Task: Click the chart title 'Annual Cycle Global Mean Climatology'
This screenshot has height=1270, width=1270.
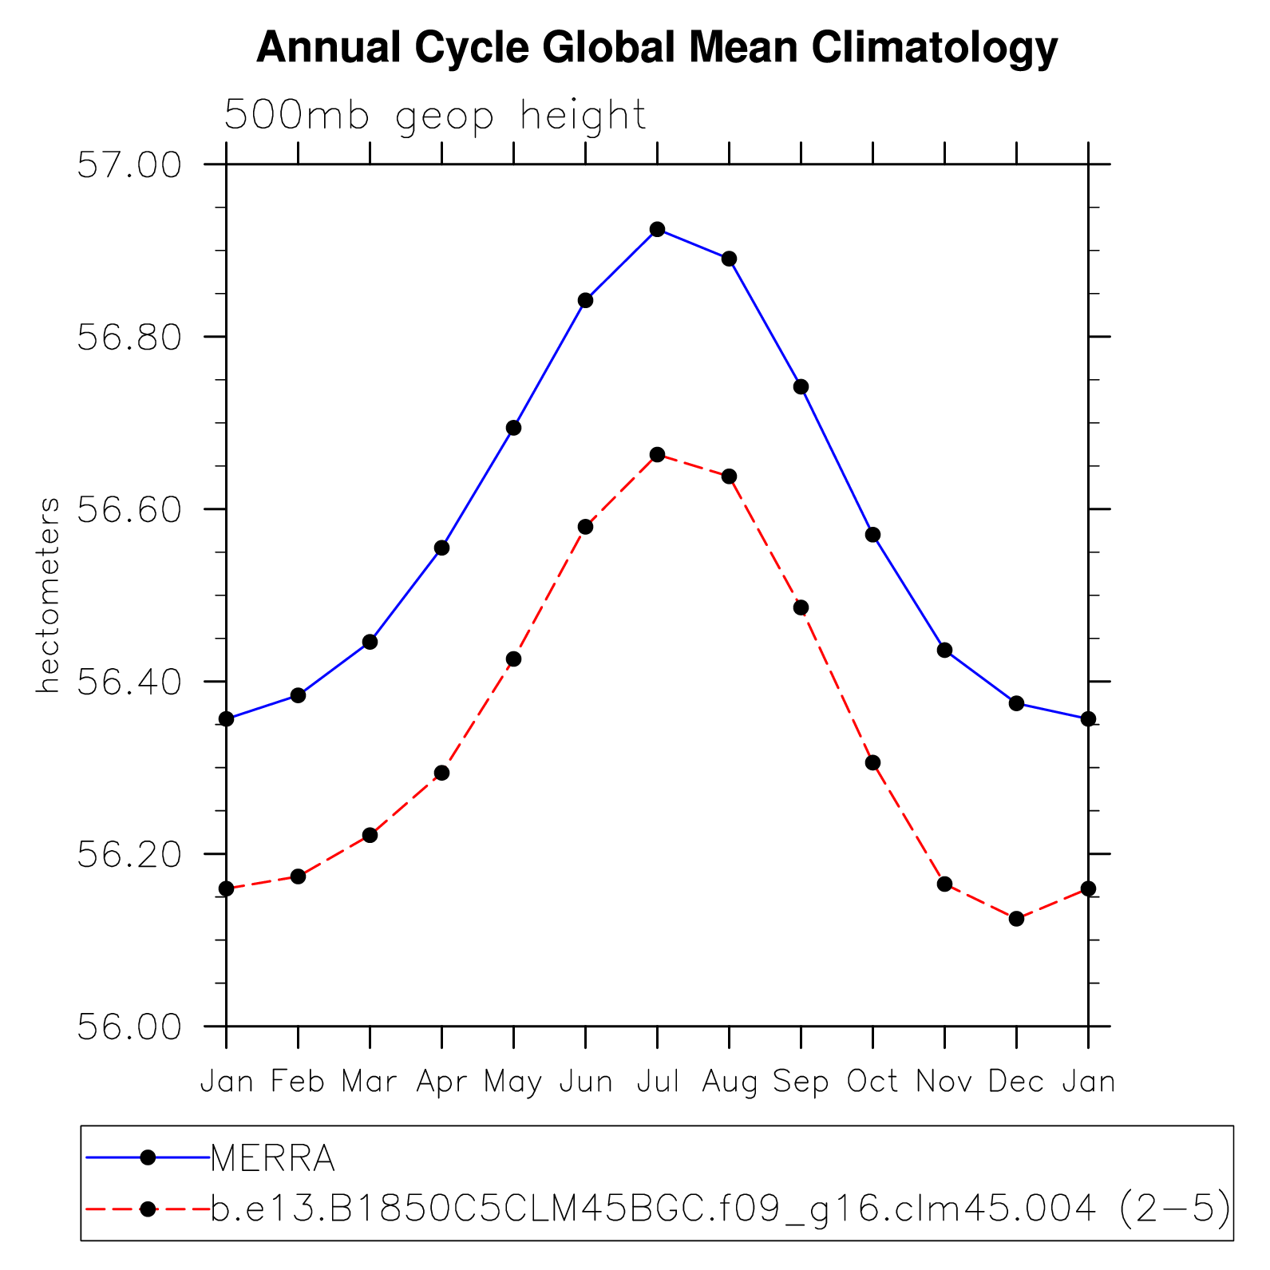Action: [x=656, y=48]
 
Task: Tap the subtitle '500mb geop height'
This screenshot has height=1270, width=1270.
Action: [x=435, y=117]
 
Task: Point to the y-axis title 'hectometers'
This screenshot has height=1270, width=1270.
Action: [x=49, y=595]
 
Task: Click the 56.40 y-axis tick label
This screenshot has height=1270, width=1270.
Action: [x=129, y=682]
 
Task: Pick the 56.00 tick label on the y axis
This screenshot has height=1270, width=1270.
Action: [x=129, y=1027]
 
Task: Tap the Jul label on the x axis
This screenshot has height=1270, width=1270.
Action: [x=658, y=1082]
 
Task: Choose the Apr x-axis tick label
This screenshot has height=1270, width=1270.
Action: [x=441, y=1082]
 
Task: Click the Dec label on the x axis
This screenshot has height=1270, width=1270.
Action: [x=1016, y=1082]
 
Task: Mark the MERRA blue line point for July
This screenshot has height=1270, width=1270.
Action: [x=658, y=230]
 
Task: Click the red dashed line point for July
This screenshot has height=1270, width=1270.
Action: [x=658, y=455]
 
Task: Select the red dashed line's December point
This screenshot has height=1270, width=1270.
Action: [x=1016, y=919]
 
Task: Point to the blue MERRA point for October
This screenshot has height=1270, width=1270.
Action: [x=872, y=535]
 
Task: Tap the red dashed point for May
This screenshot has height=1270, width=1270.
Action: [x=514, y=659]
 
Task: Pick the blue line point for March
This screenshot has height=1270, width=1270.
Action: [x=370, y=642]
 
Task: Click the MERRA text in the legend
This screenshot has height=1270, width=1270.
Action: [x=272, y=1158]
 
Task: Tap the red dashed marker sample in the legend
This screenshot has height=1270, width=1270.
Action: [x=148, y=1209]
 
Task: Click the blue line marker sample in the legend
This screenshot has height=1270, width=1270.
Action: [x=148, y=1157]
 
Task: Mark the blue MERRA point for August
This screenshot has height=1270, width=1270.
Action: [x=729, y=259]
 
